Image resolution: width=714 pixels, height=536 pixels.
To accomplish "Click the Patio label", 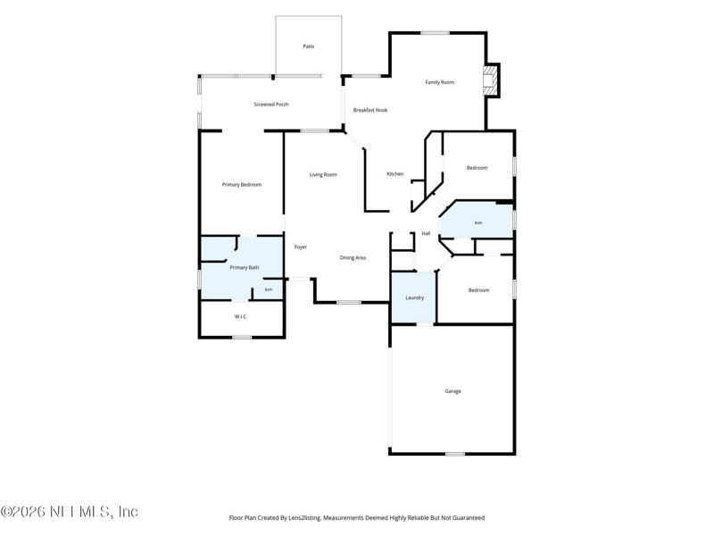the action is (309, 46).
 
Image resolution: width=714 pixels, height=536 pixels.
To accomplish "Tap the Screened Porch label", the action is (271, 105).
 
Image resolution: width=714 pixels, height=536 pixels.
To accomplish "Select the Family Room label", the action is (439, 82).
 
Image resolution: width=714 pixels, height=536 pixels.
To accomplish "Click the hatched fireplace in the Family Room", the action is (490, 80).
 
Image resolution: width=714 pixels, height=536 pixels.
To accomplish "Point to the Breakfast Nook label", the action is (370, 110).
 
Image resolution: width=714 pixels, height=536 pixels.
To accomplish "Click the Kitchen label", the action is (394, 174).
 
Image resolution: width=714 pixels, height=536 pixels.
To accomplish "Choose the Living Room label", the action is (323, 174).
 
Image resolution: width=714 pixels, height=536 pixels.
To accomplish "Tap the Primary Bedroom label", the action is (242, 185).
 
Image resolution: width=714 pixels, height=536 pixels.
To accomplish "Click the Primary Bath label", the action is (245, 267).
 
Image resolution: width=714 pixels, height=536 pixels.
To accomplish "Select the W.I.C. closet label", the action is (241, 317).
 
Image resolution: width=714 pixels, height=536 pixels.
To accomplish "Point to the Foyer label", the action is (301, 247).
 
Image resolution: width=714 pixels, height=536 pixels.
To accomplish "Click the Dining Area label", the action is (353, 258).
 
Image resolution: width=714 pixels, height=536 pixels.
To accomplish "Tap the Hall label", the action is (426, 233).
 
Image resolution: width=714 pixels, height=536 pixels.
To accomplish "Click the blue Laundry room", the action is (414, 297).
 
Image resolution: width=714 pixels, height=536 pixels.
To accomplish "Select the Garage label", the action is (453, 391).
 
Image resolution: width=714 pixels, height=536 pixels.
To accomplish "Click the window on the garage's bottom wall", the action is (455, 454).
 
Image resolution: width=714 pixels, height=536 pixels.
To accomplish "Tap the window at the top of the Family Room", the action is (435, 33).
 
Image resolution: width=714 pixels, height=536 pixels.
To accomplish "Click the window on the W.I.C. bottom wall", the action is (242, 338).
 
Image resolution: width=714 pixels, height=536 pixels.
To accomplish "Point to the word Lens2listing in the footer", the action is (305, 518).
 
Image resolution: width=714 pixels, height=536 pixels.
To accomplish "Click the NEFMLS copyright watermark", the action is (70, 512).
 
